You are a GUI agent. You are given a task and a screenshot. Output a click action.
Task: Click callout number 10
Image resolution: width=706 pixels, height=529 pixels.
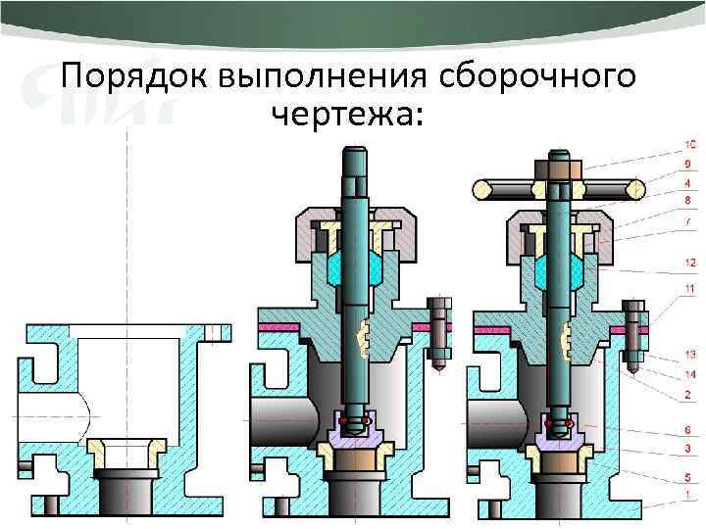[x=690, y=145]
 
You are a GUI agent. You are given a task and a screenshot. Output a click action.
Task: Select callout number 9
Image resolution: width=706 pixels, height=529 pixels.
[x=690, y=164]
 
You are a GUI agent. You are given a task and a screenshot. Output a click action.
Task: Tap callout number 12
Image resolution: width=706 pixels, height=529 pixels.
[x=690, y=262]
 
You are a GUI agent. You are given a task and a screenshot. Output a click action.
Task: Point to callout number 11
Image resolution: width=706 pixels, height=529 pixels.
[x=690, y=289]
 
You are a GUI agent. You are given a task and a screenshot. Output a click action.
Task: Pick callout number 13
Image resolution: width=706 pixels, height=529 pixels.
[x=690, y=353]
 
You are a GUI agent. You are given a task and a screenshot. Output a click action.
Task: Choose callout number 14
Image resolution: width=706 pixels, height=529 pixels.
[x=690, y=374]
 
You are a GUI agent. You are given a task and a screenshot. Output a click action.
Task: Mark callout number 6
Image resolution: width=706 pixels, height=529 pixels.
[x=690, y=429]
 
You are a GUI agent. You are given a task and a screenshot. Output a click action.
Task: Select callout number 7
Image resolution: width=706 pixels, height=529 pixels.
[x=690, y=218]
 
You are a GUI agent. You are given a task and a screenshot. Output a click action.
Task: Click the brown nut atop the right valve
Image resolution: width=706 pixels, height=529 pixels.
[x=558, y=170]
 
